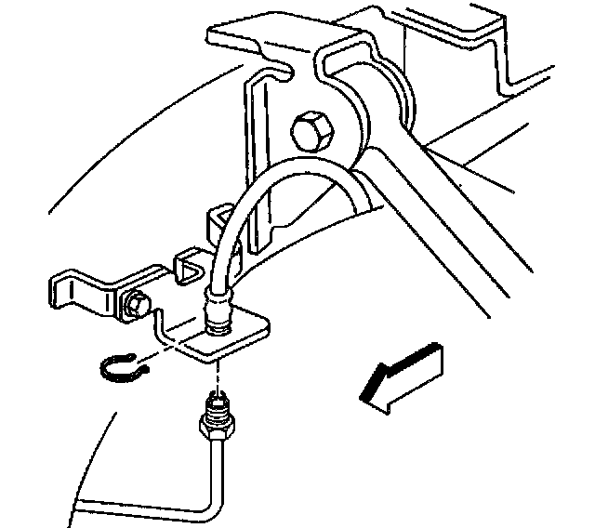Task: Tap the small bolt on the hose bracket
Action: point(137,303)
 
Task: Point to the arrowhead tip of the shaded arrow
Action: point(364,397)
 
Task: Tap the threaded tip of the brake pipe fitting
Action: point(218,403)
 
